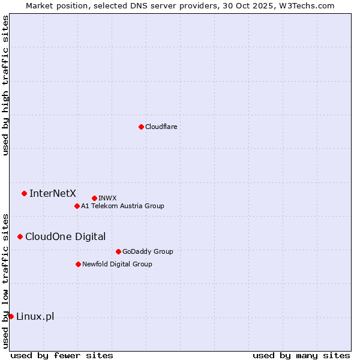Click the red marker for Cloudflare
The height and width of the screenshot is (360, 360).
pyautogui.click(x=141, y=127)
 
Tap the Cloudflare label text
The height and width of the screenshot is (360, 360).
pyautogui.click(x=161, y=127)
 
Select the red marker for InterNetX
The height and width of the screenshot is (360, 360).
pyautogui.click(x=24, y=193)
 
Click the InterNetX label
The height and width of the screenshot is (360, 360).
pyautogui.click(x=53, y=193)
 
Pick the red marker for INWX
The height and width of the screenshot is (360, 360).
pyautogui.click(x=94, y=198)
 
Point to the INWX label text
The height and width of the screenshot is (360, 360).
pyautogui.click(x=107, y=198)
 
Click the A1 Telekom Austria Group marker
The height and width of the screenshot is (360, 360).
pyautogui.click(x=77, y=206)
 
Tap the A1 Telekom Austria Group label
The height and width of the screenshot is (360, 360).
pyautogui.click(x=122, y=206)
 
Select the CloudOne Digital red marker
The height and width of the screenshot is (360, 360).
pyautogui.click(x=20, y=236)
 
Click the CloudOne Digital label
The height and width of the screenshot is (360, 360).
pyautogui.click(x=65, y=236)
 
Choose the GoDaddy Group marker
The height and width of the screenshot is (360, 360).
pyautogui.click(x=118, y=251)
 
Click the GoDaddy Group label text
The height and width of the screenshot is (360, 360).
pyautogui.click(x=148, y=251)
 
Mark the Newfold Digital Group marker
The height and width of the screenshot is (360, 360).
pyautogui.click(x=78, y=264)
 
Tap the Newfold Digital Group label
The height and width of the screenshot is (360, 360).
pyautogui.click(x=117, y=264)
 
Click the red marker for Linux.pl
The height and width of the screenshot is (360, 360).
pyautogui.click(x=11, y=316)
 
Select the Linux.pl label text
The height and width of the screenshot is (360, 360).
pyautogui.click(x=35, y=316)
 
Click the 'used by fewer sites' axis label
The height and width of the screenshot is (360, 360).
pyautogui.click(x=62, y=355)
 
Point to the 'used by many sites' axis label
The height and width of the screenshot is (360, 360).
pyautogui.click(x=301, y=355)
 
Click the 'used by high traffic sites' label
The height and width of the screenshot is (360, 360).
pyautogui.click(x=5, y=85)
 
